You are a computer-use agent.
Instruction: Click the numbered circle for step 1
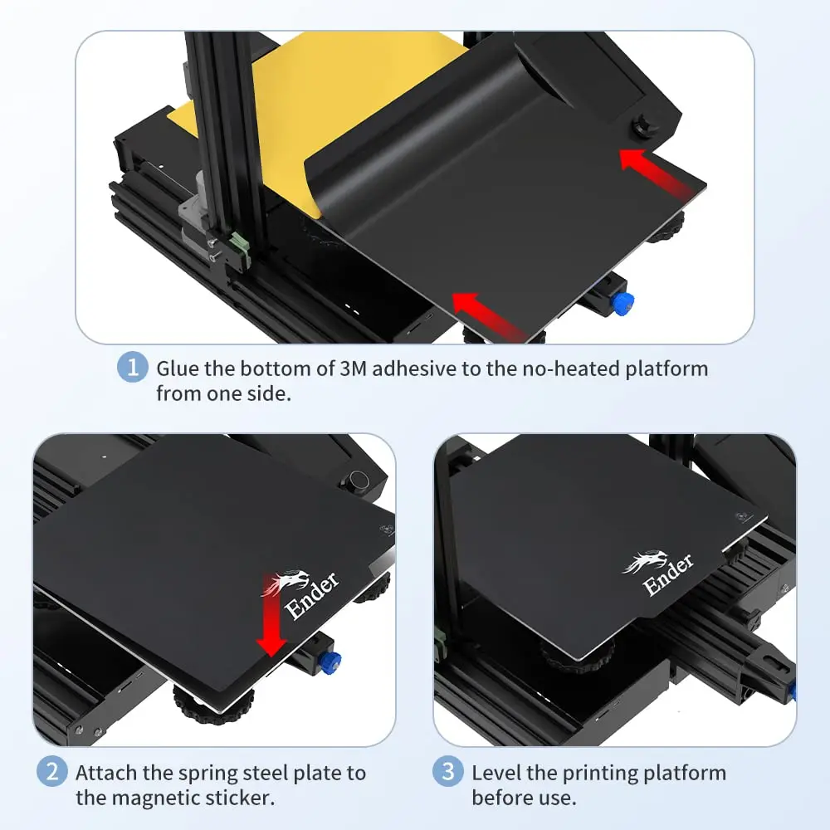click(x=133, y=367)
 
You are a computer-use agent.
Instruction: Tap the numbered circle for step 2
click(x=51, y=772)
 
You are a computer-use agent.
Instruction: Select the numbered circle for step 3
click(x=448, y=772)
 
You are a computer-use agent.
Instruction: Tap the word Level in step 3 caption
click(x=496, y=774)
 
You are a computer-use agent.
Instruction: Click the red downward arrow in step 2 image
click(x=271, y=614)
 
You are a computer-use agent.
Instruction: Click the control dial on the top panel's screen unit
click(x=643, y=128)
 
